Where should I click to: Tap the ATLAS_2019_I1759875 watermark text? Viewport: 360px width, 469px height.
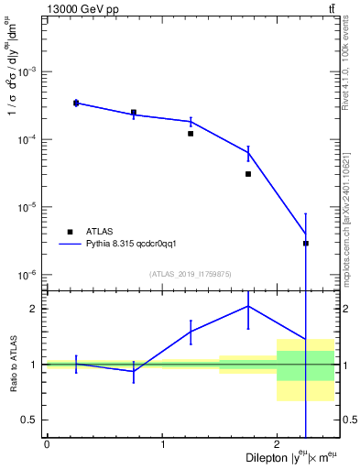[x=191, y=273]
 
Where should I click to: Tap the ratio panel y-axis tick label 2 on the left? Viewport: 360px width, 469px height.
[x=34, y=309]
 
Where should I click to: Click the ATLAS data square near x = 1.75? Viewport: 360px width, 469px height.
[x=248, y=174]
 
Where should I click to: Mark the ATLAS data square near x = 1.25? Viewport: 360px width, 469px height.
[x=191, y=134]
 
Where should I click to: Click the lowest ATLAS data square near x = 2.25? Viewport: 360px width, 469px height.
[x=306, y=244]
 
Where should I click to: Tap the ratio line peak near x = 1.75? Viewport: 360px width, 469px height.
[x=248, y=306]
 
